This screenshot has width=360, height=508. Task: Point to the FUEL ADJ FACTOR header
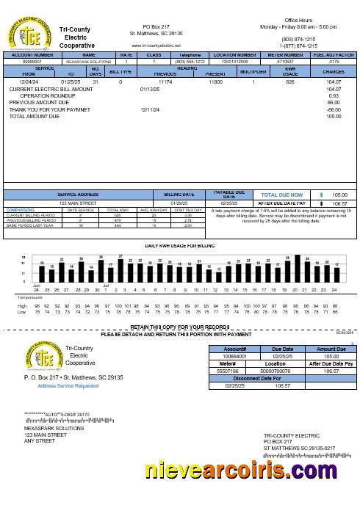(x=334, y=54)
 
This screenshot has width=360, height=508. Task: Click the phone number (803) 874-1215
(x=298, y=38)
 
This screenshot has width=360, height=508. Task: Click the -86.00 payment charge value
(x=334, y=109)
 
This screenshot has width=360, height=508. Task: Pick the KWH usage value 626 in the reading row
(x=290, y=82)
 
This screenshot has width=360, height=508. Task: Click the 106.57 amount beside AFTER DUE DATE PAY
(x=339, y=203)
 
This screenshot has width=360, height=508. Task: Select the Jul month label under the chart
(x=106, y=284)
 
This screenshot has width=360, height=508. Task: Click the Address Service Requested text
(x=68, y=385)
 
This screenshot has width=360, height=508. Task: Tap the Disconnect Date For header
(x=257, y=378)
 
